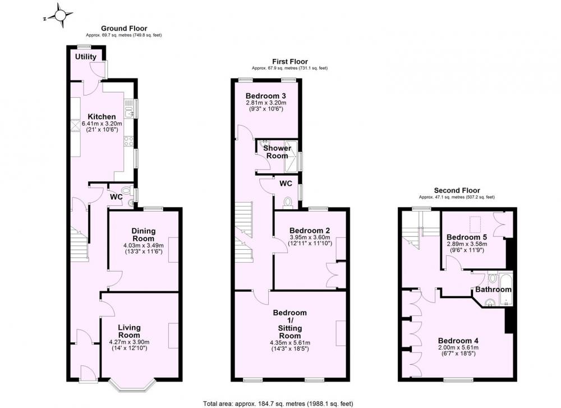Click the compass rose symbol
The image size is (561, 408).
[60, 15]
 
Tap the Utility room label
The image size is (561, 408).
[86, 57]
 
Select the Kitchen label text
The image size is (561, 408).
[102, 117]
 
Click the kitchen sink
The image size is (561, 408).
[129, 109]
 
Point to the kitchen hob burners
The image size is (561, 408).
[129, 141]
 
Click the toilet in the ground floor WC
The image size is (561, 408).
[126, 190]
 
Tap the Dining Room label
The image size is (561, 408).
[144, 235]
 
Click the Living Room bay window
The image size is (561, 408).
[132, 385]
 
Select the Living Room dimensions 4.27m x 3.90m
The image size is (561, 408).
[130, 342]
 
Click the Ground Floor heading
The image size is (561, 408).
[124, 28]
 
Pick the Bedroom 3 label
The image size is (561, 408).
[266, 96]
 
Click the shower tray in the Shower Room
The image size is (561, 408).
[292, 156]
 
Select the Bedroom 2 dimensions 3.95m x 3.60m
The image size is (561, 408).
[310, 237]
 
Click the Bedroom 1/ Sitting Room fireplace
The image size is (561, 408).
[341, 333]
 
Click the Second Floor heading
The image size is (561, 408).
[457, 190]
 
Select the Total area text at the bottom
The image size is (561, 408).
[278, 404]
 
